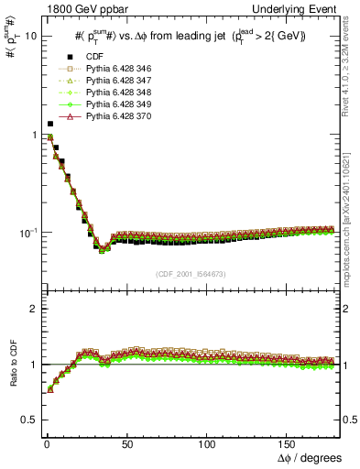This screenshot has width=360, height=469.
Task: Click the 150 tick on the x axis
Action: pyautogui.click(x=292, y=442)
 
